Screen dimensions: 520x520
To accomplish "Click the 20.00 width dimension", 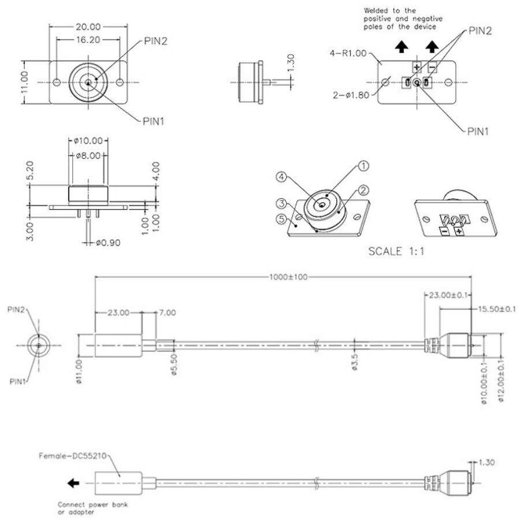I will coord(88,27).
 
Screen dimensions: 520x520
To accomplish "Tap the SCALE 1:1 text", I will coord(396,252).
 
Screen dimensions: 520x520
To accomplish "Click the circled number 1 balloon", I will coord(364,166).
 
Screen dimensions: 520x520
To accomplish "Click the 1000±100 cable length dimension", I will coord(288,277).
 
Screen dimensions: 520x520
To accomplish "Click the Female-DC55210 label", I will coord(72,456).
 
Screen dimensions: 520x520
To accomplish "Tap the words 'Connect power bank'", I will coord(92,504).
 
